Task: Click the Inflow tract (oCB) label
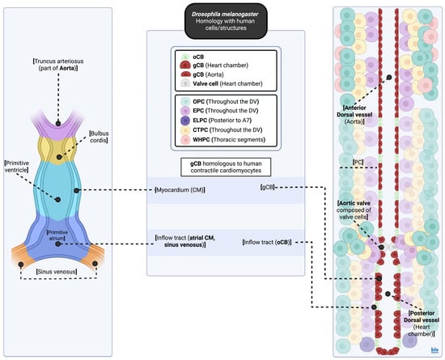[x=266, y=241]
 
